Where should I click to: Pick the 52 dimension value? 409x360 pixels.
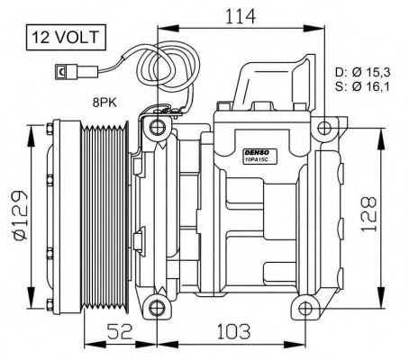click(x=120, y=332)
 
